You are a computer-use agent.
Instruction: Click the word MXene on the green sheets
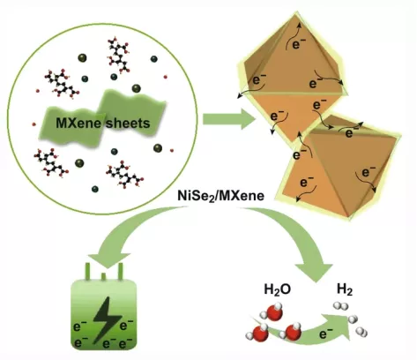tap(78, 124)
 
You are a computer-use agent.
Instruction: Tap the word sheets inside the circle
tap(128, 124)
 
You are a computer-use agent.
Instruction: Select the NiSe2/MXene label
tap(220, 196)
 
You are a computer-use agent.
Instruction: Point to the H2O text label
tap(278, 289)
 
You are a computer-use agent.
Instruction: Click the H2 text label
tap(345, 289)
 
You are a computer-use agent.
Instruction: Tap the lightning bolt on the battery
tap(107, 320)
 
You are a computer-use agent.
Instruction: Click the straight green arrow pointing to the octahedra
tap(228, 119)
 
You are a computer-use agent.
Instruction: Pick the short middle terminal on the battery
tap(103, 276)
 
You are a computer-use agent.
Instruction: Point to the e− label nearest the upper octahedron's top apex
tap(299, 44)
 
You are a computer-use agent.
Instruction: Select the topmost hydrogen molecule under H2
tap(341, 306)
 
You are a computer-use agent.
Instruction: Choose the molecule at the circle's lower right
tap(124, 175)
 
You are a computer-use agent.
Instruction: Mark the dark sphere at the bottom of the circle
tap(95, 189)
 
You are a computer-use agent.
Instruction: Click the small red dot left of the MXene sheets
tap(34, 124)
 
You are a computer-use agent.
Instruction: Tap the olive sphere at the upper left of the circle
tap(82, 58)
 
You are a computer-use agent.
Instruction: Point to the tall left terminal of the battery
tap(87, 271)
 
